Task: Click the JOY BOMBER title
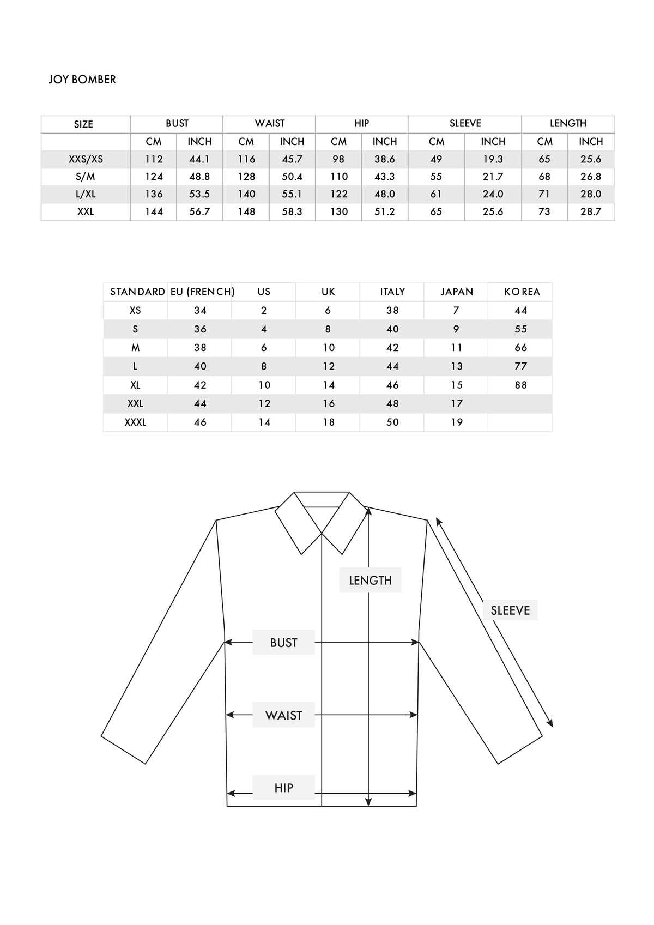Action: (82, 80)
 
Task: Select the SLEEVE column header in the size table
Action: (465, 123)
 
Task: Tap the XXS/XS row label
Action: (86, 159)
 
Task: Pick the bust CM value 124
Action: (154, 177)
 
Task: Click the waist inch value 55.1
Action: (292, 194)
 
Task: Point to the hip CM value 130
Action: (339, 211)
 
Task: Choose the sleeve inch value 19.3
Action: (493, 159)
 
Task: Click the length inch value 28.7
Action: (591, 211)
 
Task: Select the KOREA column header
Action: (522, 292)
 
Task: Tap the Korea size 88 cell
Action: (521, 385)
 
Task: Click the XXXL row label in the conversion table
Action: (135, 422)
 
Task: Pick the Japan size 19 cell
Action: (457, 422)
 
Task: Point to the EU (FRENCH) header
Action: (202, 292)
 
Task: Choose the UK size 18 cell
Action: (328, 422)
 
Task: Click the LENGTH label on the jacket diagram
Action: (370, 581)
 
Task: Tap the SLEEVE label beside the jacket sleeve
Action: (510, 610)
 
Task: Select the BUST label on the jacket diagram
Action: (283, 643)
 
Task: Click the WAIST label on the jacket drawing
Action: (283, 715)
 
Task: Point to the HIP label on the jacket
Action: (283, 788)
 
